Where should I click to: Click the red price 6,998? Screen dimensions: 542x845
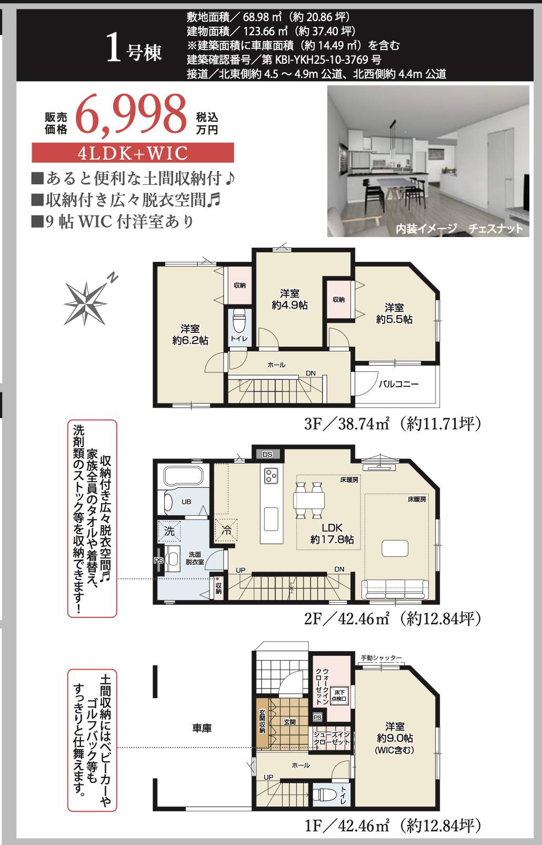132,115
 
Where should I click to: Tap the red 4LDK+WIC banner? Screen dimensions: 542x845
133,153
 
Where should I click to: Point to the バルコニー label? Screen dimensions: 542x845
398,384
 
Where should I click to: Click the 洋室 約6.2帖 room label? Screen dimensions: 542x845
190,334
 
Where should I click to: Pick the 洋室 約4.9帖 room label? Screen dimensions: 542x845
289,299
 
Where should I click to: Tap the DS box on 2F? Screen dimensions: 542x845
267,454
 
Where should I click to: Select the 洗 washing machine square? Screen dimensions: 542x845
169,532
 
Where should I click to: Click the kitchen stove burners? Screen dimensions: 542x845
271,476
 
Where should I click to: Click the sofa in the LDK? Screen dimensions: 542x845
395,589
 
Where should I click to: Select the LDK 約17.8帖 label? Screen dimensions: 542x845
332,534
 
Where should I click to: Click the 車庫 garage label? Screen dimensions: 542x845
202,728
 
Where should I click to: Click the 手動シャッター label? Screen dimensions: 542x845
382,657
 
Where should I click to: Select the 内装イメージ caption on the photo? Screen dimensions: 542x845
426,229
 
